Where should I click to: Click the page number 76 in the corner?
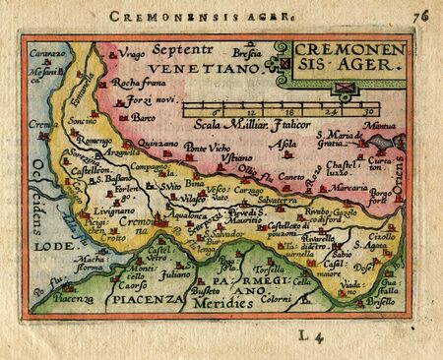tap(422, 15)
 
